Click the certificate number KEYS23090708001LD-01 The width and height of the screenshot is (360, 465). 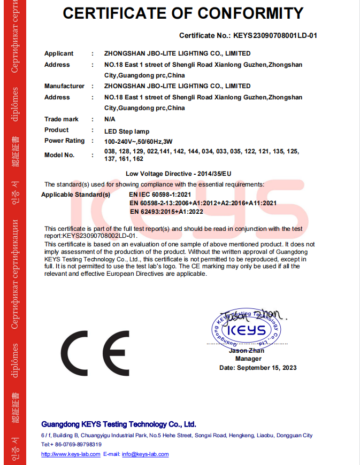[275, 36]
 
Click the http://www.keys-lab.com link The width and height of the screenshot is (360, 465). [71, 454]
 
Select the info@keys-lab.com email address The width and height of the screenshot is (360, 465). [145, 454]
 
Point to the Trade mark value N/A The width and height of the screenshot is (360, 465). [110, 119]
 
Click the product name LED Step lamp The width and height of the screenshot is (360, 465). [127, 131]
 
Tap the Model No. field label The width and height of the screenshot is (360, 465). [59, 155]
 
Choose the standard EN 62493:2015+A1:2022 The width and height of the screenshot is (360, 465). [166, 212]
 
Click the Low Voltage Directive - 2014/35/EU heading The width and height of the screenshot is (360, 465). [178, 174]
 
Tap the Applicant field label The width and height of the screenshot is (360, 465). [59, 53]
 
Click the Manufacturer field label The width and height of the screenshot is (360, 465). [64, 86]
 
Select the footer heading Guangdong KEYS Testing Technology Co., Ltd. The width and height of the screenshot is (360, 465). [119, 424]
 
